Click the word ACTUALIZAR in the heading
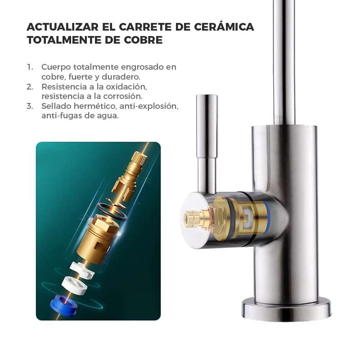pos(63,27)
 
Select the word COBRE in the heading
pos(143,40)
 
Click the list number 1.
pos(30,67)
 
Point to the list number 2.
pos(30,87)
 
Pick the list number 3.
pos(30,106)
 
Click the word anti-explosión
pos(149,106)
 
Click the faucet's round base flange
pos(286,309)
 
